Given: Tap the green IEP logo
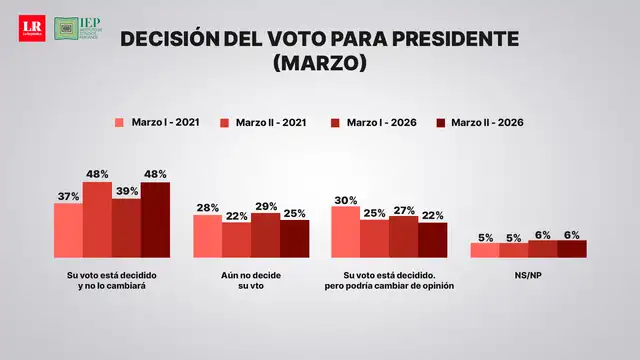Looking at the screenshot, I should pos(79,28).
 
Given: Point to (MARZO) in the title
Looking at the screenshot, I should pos(320,63).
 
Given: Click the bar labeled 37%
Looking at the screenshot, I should pos(68,230).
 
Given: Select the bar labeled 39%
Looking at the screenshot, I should pos(126,228).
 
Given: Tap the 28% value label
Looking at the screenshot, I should pos(207,207).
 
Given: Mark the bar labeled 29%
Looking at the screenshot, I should pos(265,235).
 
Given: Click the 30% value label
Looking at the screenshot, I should pos(345,199).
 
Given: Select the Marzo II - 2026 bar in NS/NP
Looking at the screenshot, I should pos(571,249).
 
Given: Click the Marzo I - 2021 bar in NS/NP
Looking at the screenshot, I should pos(484,250).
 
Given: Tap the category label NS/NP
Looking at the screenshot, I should pos(527,274).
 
